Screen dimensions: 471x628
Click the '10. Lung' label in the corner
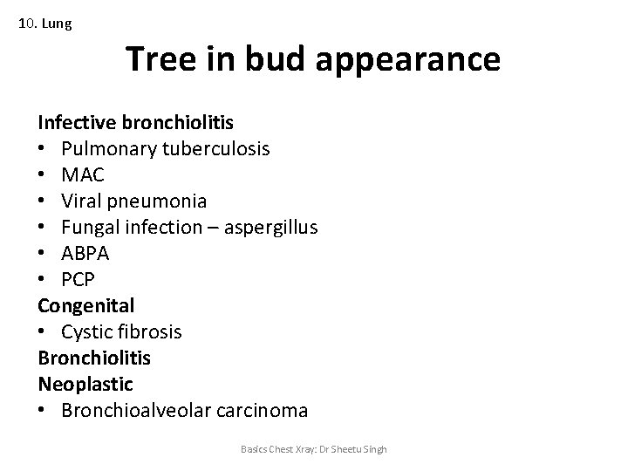click(x=45, y=24)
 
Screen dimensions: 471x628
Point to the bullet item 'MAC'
click(x=83, y=175)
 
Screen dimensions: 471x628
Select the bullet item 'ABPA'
click(x=85, y=254)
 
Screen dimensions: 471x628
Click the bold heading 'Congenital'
click(x=85, y=306)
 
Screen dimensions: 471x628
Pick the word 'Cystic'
click(x=88, y=332)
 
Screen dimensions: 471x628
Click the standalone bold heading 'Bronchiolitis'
click(x=94, y=358)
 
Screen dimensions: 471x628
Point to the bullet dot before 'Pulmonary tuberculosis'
click(x=43, y=150)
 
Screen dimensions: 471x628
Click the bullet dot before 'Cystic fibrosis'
click(x=43, y=333)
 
